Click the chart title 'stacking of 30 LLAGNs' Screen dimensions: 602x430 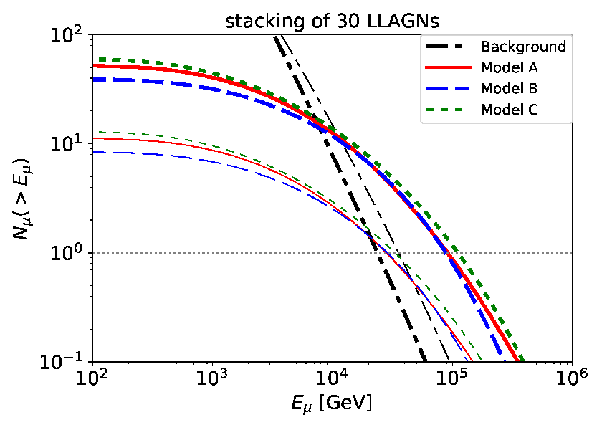[x=332, y=21]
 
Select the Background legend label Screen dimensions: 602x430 [x=523, y=47]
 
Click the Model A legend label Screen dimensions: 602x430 [x=509, y=67]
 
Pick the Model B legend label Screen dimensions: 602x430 [x=509, y=88]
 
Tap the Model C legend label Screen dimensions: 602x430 [x=509, y=110]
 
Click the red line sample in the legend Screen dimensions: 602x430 [x=449, y=67]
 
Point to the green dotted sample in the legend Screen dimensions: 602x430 [x=444, y=110]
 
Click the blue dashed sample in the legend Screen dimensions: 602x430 [x=449, y=88]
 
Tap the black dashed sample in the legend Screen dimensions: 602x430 [x=445, y=47]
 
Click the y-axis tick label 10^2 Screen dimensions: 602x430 [x=68, y=37]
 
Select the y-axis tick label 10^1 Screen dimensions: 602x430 [x=68, y=145]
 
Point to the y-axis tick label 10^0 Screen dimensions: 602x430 [x=68, y=254]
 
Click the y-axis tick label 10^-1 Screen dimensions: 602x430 [x=64, y=363]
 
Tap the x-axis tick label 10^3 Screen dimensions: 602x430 [x=212, y=378]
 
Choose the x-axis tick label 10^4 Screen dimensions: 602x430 [x=333, y=378]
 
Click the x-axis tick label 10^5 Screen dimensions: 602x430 [x=452, y=378]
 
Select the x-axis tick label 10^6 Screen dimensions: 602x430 [x=573, y=378]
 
